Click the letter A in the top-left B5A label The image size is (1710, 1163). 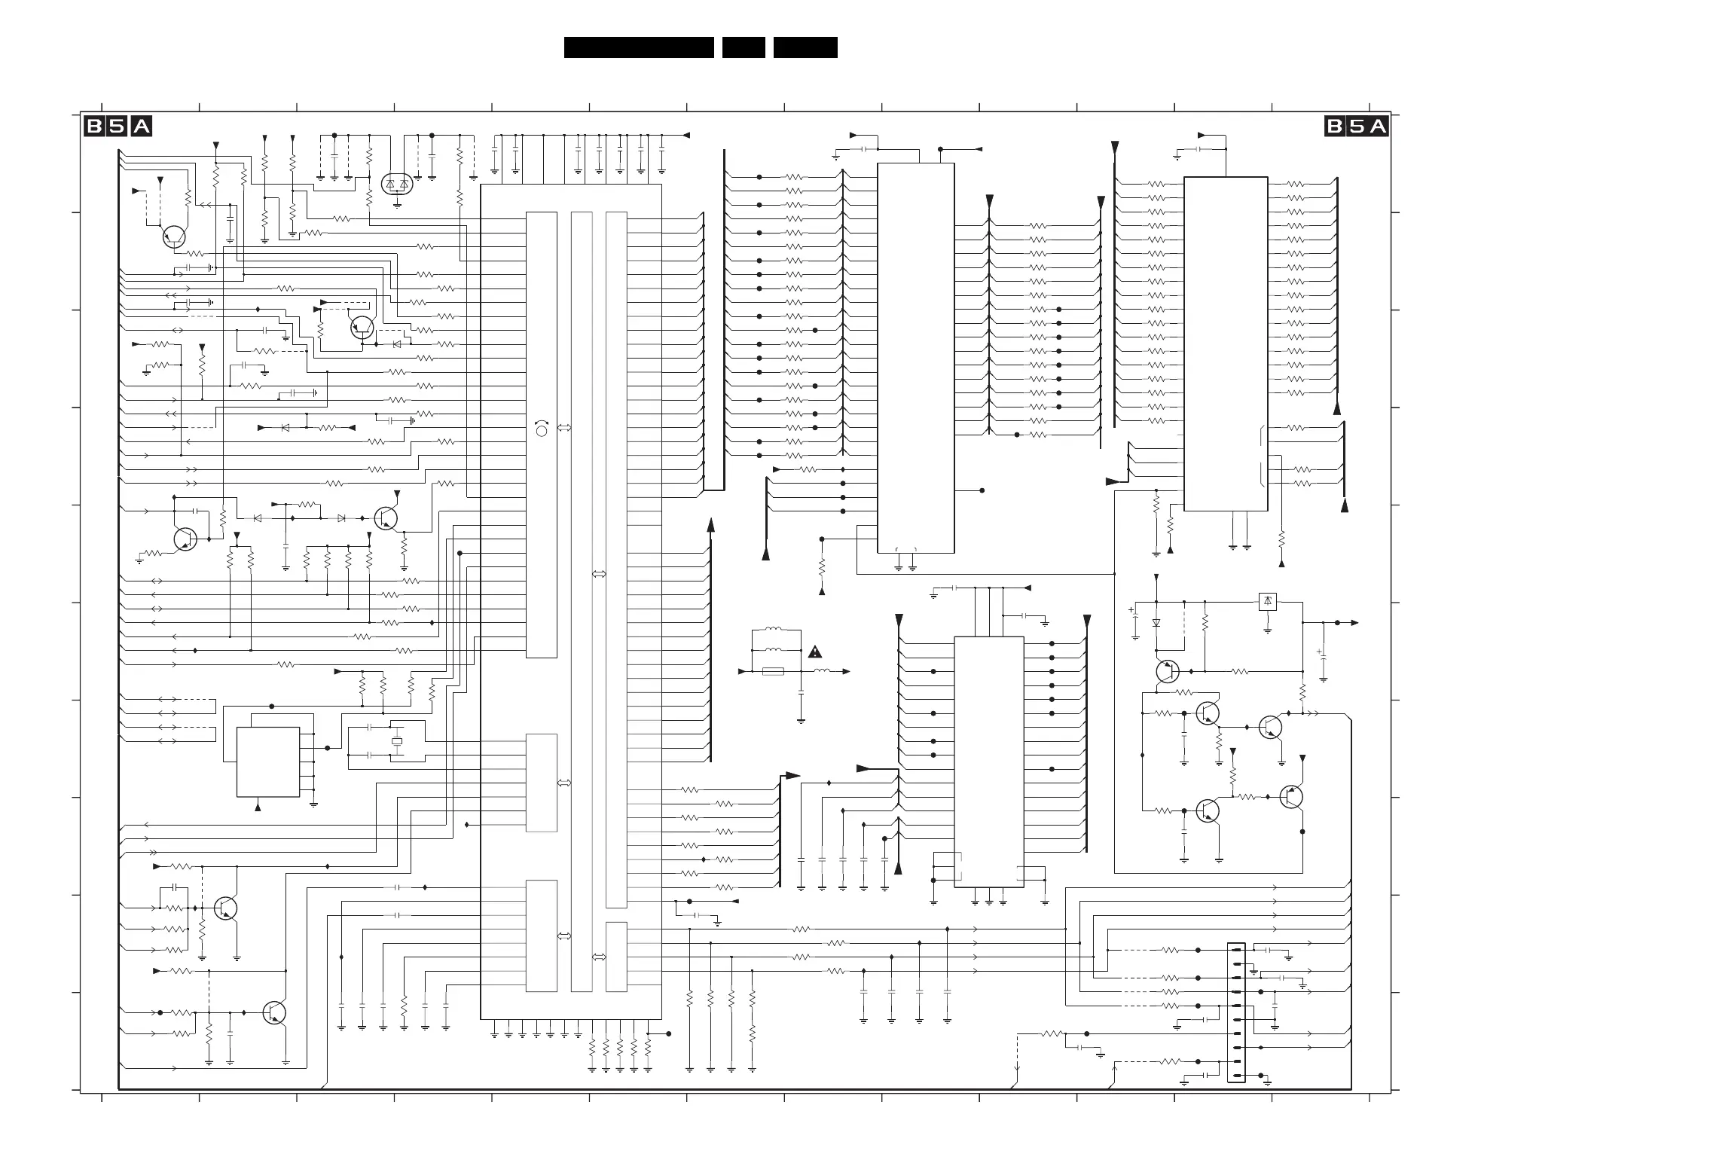click(x=142, y=127)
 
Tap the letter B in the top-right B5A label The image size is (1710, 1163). click(x=1335, y=127)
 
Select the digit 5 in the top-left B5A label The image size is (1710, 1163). click(x=118, y=127)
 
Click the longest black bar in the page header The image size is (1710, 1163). click(x=639, y=47)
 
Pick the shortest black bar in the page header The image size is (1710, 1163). click(x=744, y=47)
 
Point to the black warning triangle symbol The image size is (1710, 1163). click(x=815, y=652)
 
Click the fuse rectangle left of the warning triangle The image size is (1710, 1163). click(x=774, y=671)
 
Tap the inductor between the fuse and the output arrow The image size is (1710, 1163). click(x=822, y=670)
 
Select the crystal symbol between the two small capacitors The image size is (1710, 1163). click(x=397, y=741)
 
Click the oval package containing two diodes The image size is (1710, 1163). click(x=397, y=184)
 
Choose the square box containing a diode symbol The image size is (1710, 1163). click(x=1268, y=602)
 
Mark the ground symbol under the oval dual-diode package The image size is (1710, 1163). click(x=397, y=205)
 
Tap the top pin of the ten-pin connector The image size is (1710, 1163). click(x=1236, y=951)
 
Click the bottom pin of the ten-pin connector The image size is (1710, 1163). click(x=1236, y=1075)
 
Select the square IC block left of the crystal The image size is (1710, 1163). click(x=268, y=762)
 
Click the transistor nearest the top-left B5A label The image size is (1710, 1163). click(x=174, y=237)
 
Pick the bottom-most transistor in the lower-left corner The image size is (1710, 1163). click(x=275, y=1013)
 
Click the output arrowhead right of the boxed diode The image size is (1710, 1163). click(x=1354, y=623)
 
